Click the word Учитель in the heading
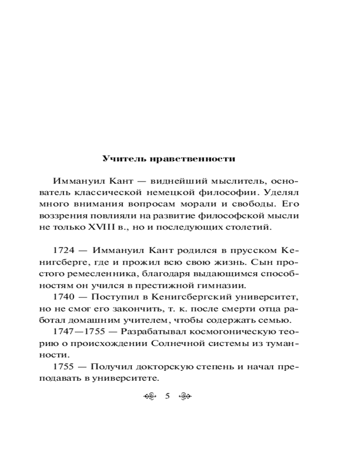point(118,159)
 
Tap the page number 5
point(167,396)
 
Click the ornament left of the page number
point(149,396)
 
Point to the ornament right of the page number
point(185,396)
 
